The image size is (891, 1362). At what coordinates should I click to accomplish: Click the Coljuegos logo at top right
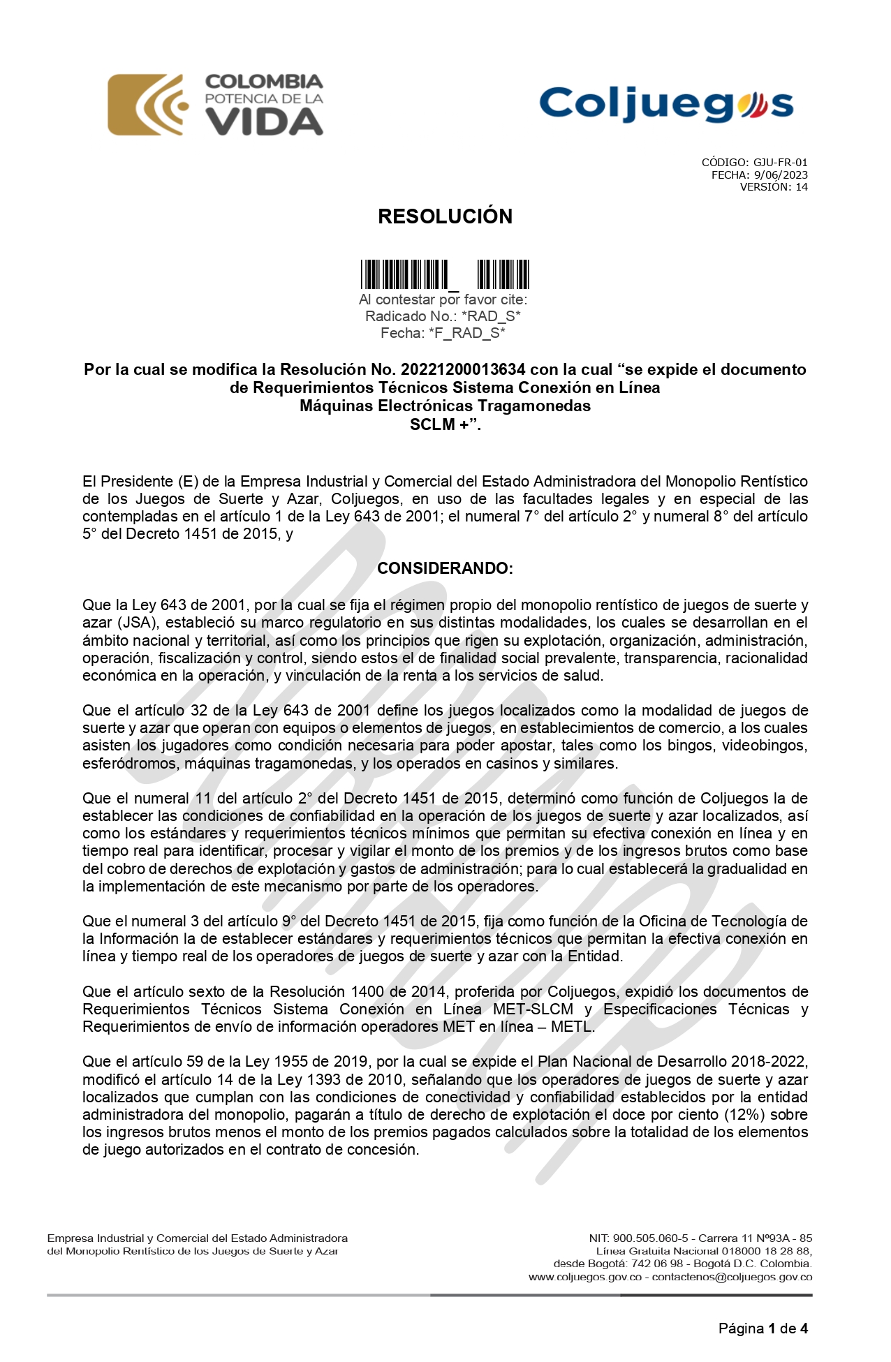pyautogui.click(x=666, y=105)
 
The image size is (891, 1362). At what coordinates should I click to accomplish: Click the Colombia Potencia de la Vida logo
pyautogui.click(x=215, y=105)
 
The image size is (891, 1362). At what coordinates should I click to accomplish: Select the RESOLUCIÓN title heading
pyautogui.click(x=445, y=216)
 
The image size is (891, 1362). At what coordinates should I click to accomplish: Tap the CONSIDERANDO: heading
pyautogui.click(x=445, y=568)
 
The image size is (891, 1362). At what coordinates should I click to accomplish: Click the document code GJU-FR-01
pyautogui.click(x=780, y=163)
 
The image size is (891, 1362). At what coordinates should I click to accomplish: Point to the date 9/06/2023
pyautogui.click(x=781, y=175)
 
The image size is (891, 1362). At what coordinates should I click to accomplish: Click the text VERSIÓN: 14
pyautogui.click(x=774, y=187)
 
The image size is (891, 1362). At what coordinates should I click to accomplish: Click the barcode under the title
pyautogui.click(x=445, y=274)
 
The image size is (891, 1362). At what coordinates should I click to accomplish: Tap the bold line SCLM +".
pyautogui.click(x=445, y=424)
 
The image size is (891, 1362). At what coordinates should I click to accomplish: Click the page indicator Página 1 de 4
pyautogui.click(x=763, y=1328)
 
